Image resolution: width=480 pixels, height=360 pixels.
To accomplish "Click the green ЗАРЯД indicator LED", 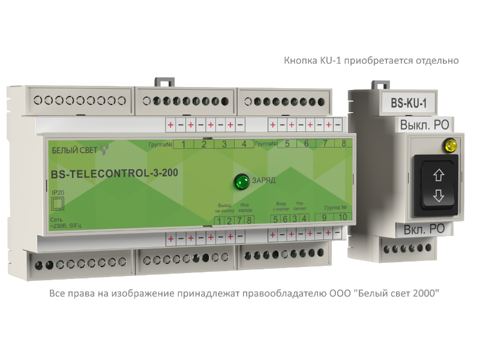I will pyautogui.click(x=242, y=181).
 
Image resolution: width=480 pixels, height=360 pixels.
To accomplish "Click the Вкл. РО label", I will pyautogui.click(x=424, y=229).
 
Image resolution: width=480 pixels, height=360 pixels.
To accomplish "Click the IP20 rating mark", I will pyautogui.click(x=58, y=192).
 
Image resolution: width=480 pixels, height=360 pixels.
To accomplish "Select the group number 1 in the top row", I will pyautogui.click(x=183, y=144).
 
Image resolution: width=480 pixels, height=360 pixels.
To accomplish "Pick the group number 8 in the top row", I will pyautogui.click(x=343, y=144).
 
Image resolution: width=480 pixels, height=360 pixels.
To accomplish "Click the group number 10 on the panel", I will pyautogui.click(x=343, y=218).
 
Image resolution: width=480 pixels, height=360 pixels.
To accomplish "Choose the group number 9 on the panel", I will pyautogui.click(x=325, y=218).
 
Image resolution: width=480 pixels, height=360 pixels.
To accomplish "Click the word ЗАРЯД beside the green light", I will pyautogui.click(x=264, y=180).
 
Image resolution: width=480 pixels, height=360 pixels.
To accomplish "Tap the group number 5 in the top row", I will pyautogui.click(x=287, y=144).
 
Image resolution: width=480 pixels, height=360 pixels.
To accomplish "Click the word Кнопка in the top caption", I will pyautogui.click(x=298, y=61).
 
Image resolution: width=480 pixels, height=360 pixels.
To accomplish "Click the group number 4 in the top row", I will pyautogui.click(x=244, y=144).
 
